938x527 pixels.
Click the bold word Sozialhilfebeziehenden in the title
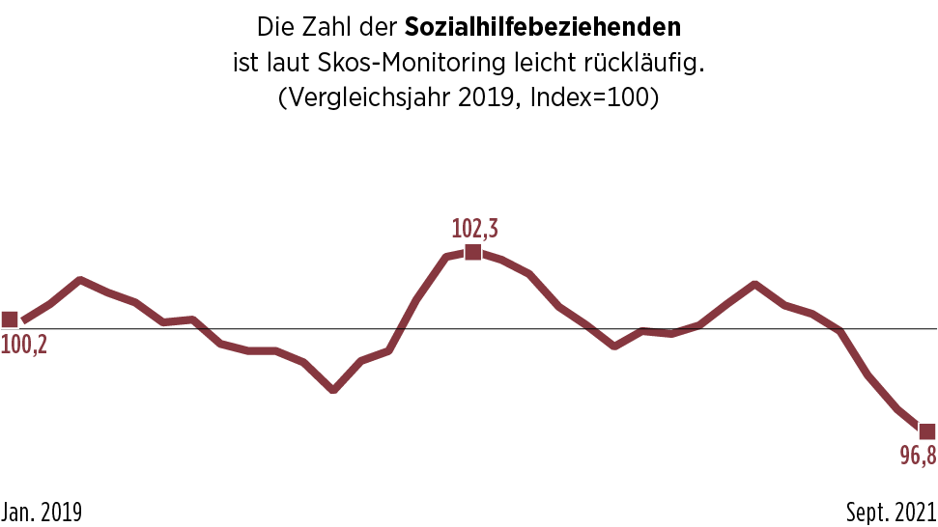pos(543,26)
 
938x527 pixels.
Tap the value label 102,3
pos(475,229)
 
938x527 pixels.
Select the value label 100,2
pos(24,344)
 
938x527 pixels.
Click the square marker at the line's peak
pos(472,252)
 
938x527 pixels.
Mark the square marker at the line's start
pos(10,319)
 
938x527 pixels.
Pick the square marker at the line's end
pos(926,431)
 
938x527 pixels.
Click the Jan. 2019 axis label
pos(42,512)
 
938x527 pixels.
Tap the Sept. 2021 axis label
pos(892,512)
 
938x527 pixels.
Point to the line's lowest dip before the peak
pos(333,390)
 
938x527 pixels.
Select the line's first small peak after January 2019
pos(79,280)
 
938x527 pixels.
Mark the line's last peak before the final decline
pos(754,285)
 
